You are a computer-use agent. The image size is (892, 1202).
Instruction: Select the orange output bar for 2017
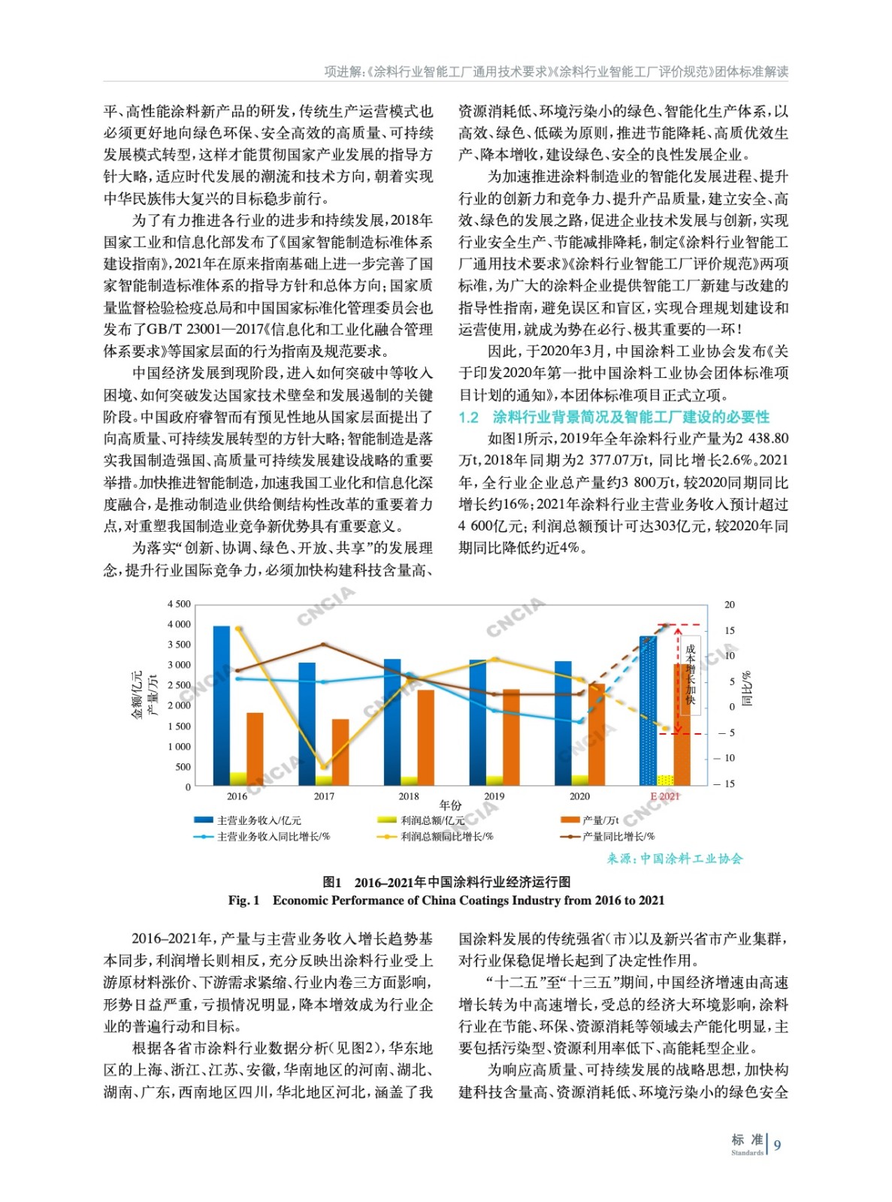coord(340,751)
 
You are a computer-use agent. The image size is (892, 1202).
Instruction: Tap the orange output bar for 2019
coord(511,736)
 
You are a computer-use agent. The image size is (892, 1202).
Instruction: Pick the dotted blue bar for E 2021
coord(648,710)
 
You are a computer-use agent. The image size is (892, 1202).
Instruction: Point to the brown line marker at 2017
coord(324,645)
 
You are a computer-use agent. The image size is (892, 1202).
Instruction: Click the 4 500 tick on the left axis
coord(179,604)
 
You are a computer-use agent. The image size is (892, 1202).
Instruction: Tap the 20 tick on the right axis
coord(730,605)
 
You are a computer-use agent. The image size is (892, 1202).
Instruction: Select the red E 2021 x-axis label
coord(664,796)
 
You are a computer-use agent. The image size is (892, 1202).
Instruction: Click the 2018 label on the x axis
coord(409,796)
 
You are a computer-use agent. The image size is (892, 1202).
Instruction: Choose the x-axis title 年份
coord(451,805)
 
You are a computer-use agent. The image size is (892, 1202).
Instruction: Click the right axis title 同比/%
coord(747,689)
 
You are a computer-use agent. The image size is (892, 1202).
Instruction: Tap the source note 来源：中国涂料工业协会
coord(675,858)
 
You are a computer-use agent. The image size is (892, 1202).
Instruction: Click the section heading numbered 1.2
coord(614,417)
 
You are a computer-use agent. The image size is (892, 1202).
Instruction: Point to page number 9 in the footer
coord(778,1145)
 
